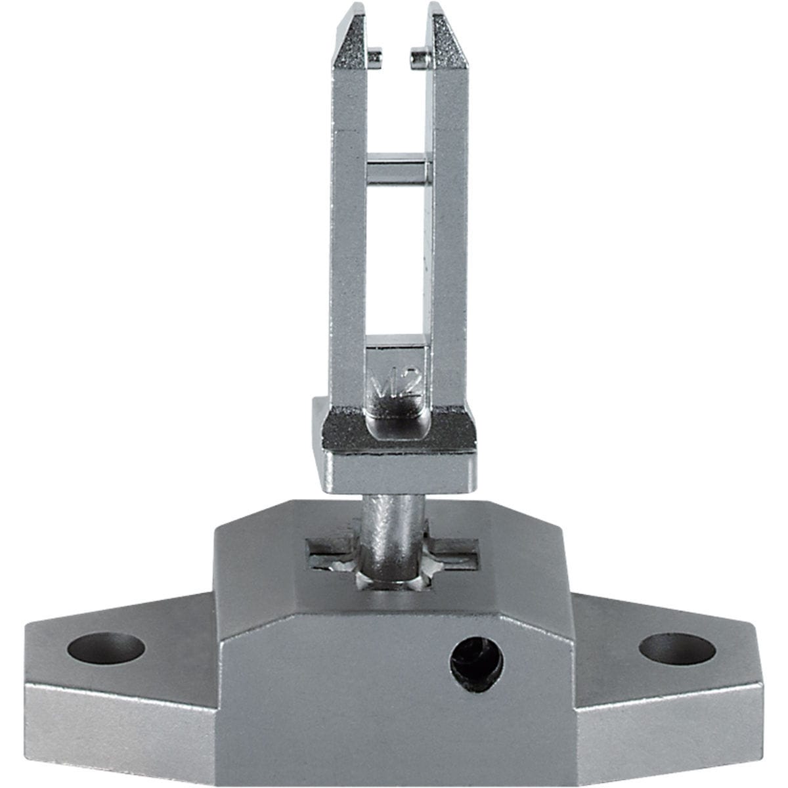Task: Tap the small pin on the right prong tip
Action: pos(419,60)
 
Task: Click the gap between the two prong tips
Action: pos(397,39)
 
